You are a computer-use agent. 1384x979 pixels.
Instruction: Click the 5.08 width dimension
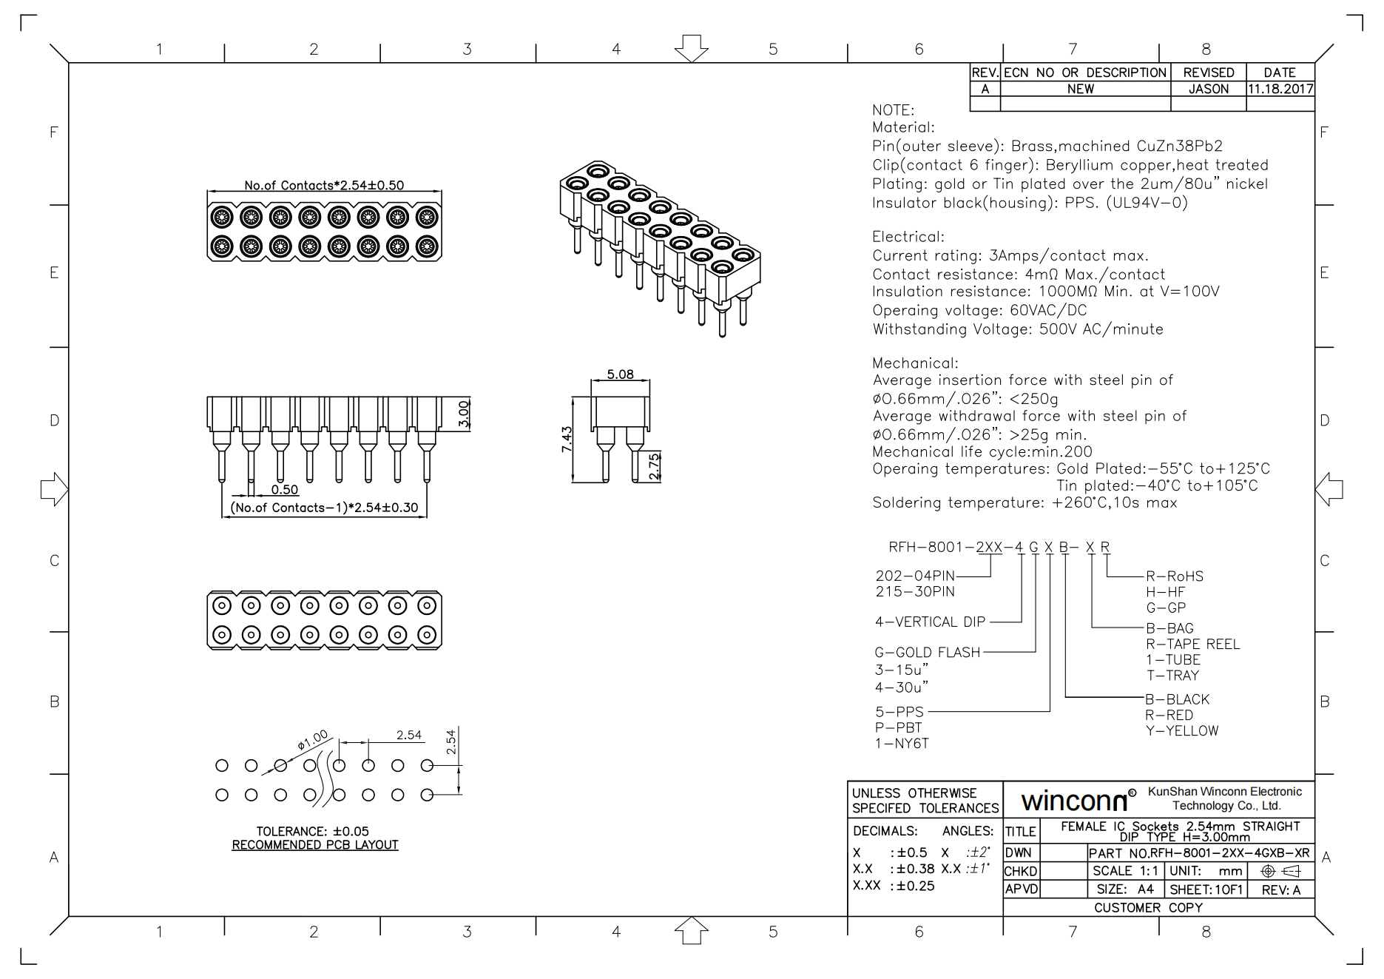620,374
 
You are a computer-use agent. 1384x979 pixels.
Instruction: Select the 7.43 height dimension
567,439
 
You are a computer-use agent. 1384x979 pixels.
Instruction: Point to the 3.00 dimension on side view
464,414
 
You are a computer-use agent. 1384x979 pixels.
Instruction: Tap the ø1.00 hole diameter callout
313,740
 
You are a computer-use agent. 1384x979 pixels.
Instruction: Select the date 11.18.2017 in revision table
1280,89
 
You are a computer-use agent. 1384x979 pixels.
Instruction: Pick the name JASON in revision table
1208,89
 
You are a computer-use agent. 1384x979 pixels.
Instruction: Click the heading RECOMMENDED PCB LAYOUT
315,845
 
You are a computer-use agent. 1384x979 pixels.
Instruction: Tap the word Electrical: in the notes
908,237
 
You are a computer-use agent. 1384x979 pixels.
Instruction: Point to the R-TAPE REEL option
1192,644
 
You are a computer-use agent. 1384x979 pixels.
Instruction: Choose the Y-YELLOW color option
1182,730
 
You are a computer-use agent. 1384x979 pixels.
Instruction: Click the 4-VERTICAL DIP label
930,622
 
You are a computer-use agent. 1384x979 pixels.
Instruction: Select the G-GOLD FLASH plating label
927,652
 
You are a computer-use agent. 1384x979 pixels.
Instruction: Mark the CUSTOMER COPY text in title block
1148,907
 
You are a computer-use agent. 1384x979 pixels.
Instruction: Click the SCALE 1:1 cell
1125,871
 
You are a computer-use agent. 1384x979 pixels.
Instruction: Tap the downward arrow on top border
691,48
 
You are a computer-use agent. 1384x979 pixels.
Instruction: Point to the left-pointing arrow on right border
1329,489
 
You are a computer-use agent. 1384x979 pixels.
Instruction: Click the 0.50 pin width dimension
284,489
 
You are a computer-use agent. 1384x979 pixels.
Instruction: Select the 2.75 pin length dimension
654,466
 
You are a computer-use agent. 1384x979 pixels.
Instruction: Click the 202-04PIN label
915,576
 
